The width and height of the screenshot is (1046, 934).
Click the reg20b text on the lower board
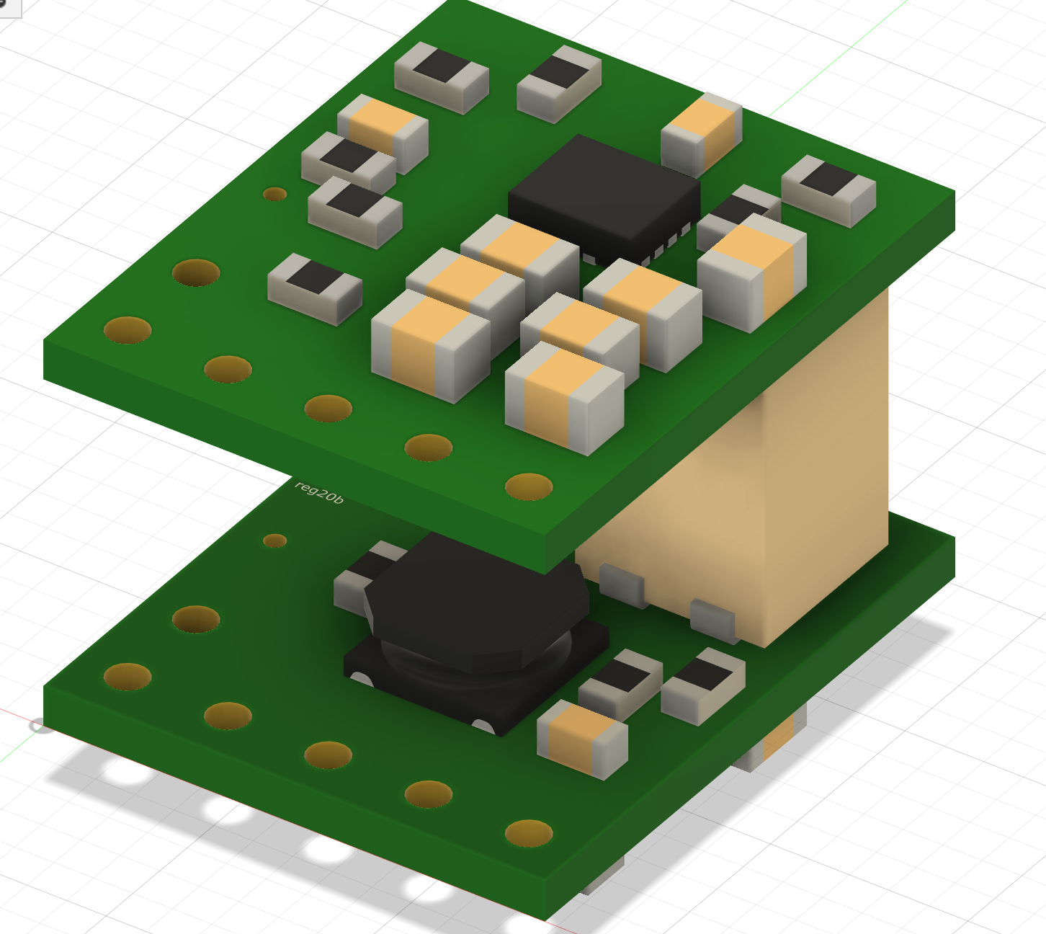319,492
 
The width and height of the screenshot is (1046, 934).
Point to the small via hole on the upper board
274,194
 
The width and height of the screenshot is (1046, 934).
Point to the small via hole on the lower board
274,541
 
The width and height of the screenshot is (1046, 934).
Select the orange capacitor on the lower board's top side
582,739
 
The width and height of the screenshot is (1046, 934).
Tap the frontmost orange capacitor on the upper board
563,396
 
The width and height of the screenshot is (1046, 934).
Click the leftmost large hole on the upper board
128,330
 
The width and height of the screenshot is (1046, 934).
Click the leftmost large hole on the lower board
128,677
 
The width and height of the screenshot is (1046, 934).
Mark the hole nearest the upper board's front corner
529,486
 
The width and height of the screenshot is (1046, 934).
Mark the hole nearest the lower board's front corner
529,833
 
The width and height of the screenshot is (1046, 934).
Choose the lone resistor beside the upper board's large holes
314,287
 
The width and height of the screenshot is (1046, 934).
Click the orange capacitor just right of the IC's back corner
702,133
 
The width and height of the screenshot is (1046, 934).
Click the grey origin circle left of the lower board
40,725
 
